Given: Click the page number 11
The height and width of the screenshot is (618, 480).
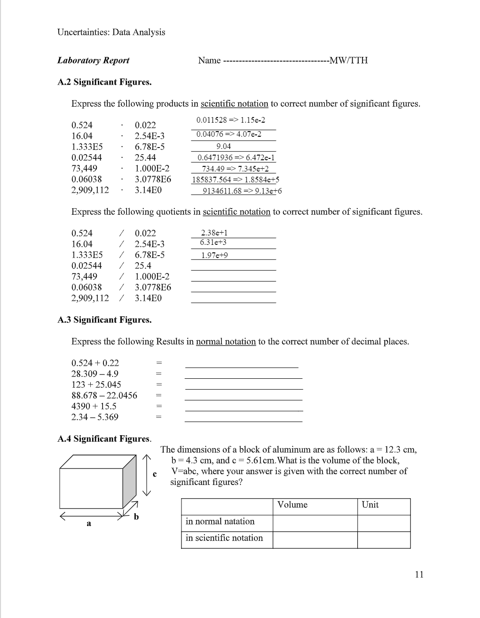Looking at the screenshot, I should click(419, 574).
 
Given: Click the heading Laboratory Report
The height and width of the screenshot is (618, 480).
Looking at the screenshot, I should click(93, 60).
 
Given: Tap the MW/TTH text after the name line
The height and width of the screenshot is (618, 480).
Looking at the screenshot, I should click(349, 60).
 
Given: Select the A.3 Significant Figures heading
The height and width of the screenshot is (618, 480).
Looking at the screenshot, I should click(104, 320).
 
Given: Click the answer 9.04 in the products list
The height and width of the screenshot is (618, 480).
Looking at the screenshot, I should click(223, 146).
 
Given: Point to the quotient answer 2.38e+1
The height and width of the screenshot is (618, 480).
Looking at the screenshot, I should click(214, 233).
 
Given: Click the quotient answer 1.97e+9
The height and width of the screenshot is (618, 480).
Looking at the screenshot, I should click(214, 255).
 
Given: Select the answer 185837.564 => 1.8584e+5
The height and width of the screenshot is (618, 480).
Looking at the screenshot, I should click(236, 180).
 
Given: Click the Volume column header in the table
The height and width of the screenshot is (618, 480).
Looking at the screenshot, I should click(292, 505).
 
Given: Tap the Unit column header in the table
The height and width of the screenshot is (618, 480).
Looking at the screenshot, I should click(370, 505).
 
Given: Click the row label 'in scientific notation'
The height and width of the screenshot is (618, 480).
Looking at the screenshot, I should click(224, 538).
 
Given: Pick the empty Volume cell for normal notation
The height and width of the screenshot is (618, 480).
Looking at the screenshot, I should click(315, 522).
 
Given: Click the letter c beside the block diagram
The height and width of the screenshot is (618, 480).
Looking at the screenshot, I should click(155, 474).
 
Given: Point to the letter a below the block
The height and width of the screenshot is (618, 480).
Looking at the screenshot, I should click(88, 523).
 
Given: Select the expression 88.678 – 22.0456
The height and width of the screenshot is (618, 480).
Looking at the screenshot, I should click(104, 395).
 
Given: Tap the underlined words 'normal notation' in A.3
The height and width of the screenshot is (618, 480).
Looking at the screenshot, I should click(226, 342).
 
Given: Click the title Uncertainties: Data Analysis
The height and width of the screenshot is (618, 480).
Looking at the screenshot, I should click(111, 32).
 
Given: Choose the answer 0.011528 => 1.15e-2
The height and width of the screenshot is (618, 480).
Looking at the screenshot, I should click(230, 120).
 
